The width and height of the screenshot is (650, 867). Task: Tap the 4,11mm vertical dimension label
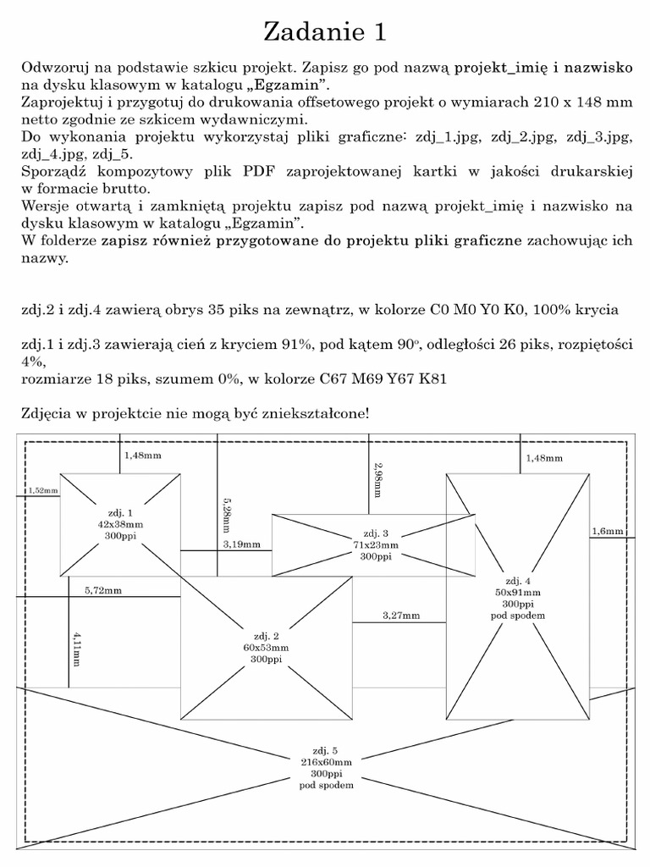pyautogui.click(x=77, y=646)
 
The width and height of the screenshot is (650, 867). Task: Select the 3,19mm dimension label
pyautogui.click(x=241, y=544)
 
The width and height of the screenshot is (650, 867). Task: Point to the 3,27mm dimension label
pyautogui.click(x=400, y=616)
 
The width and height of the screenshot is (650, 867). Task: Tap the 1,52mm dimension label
pyautogui.click(x=41, y=490)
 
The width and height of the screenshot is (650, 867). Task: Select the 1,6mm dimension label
pyautogui.click(x=607, y=531)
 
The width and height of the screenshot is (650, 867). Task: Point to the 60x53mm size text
pyautogui.click(x=266, y=648)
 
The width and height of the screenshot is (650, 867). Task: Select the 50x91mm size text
pyautogui.click(x=517, y=593)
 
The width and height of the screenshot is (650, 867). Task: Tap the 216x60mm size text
pyautogui.click(x=326, y=762)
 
